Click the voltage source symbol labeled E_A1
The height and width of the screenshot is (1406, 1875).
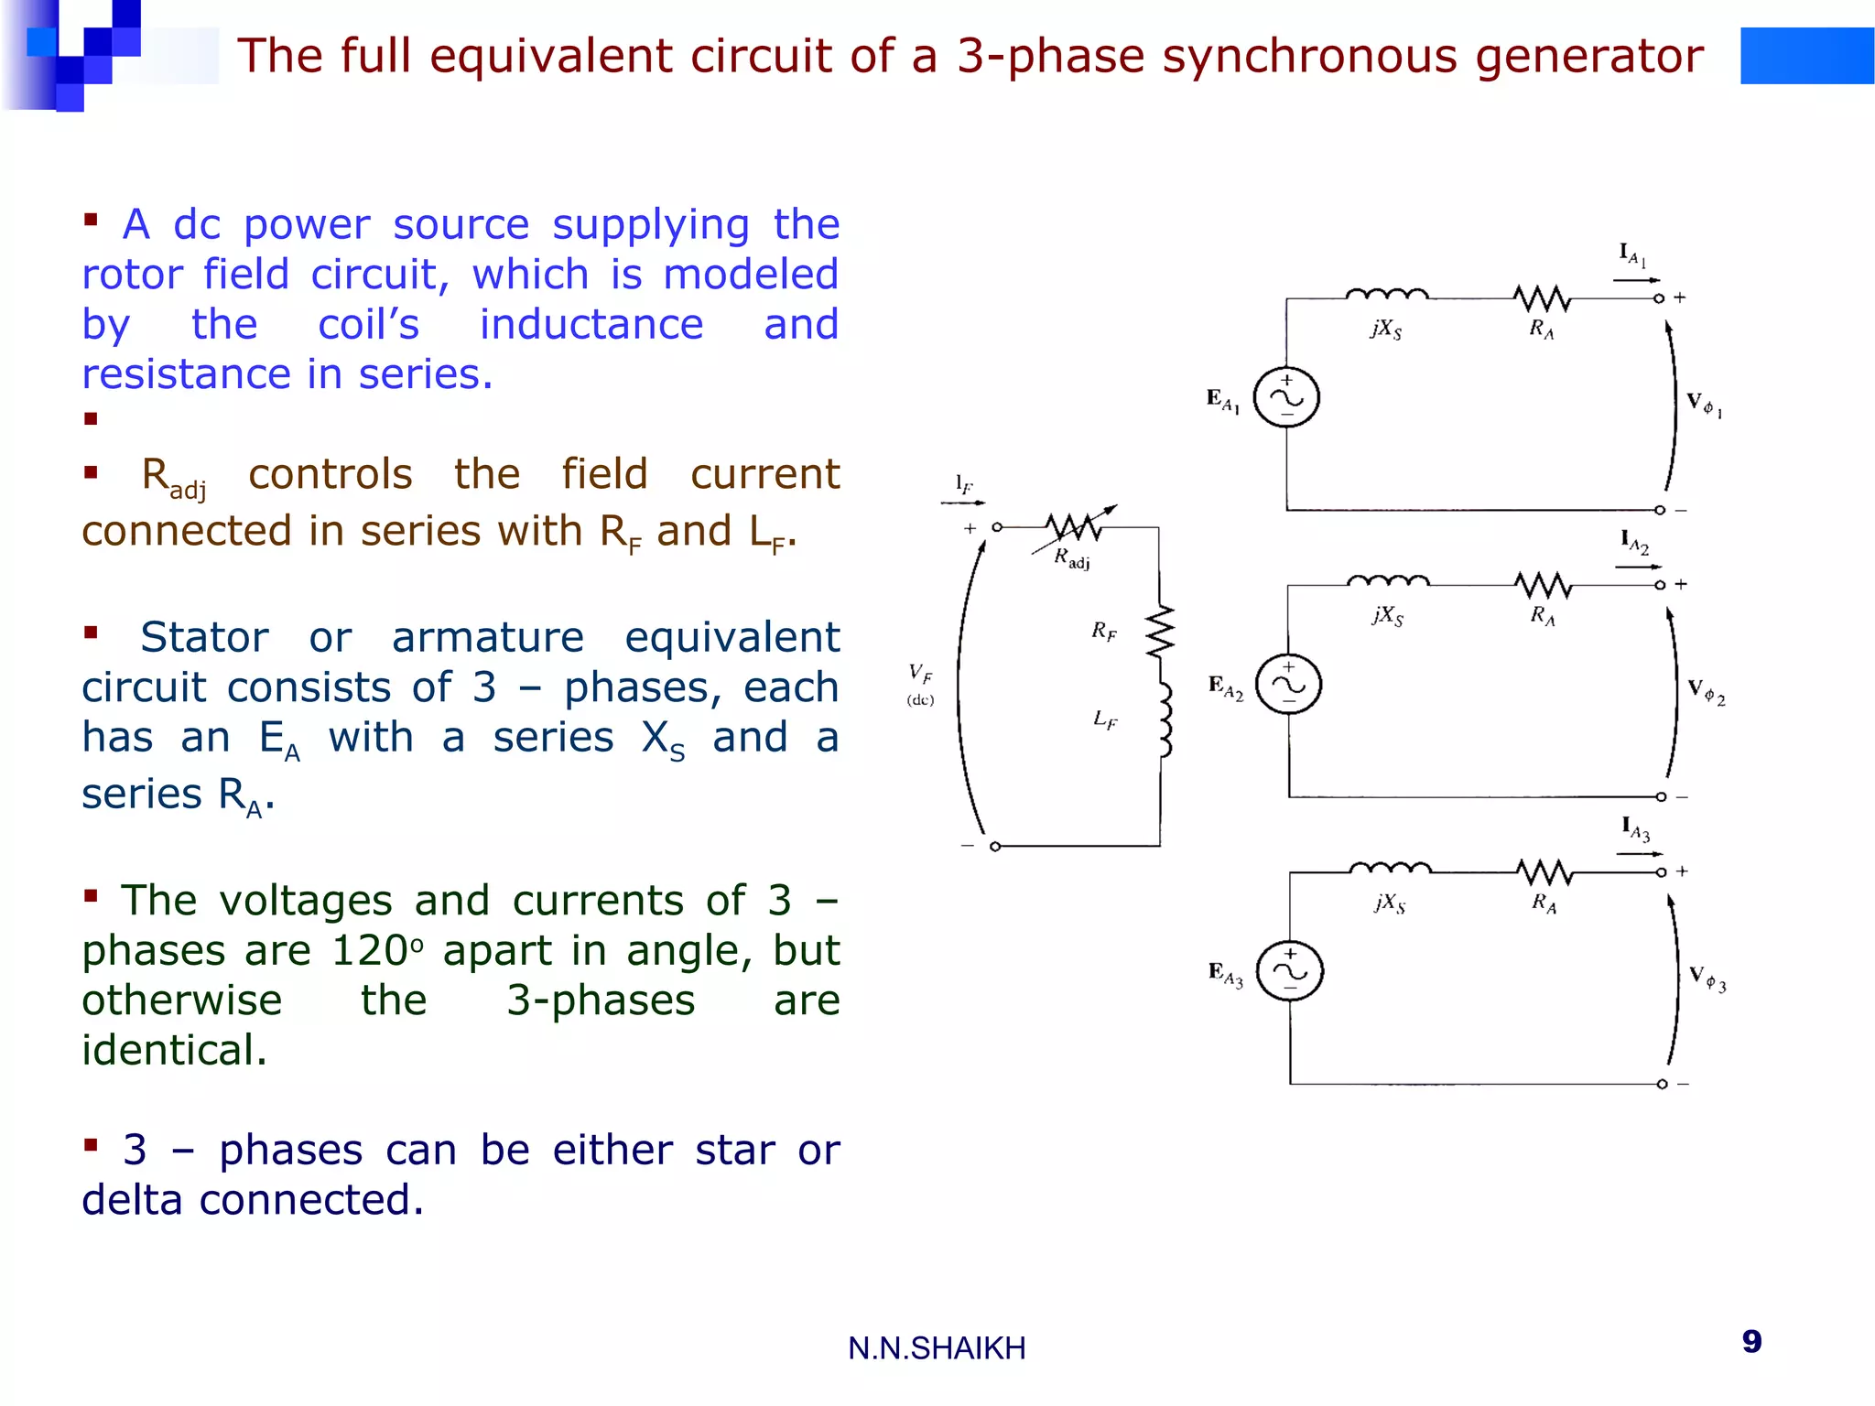(x=1286, y=398)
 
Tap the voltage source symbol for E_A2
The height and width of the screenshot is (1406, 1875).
(x=1288, y=685)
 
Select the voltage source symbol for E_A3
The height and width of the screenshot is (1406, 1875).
(x=1289, y=971)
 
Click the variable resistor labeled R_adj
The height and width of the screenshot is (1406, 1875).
(x=1073, y=527)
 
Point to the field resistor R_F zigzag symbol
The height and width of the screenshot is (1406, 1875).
(x=1160, y=631)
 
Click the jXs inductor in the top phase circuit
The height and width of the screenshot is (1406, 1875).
(x=1386, y=295)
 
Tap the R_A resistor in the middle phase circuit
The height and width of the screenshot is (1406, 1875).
(x=1543, y=584)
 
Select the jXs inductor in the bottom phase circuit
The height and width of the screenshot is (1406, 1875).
(x=1390, y=868)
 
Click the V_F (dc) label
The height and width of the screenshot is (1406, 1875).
(x=920, y=684)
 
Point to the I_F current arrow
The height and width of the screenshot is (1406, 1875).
(x=963, y=503)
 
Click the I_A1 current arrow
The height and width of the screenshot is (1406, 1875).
(x=1636, y=279)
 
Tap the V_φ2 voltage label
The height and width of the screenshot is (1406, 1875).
(x=1706, y=692)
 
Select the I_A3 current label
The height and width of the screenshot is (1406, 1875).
(x=1635, y=828)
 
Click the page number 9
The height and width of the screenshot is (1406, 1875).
(x=1751, y=1342)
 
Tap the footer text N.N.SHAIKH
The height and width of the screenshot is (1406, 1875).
(x=937, y=1348)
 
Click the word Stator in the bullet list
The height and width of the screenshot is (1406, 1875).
(x=204, y=637)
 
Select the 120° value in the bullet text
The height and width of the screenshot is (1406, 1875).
(x=377, y=951)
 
